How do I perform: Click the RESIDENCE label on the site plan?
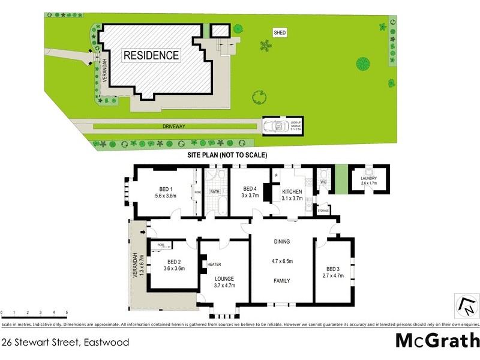[x=151, y=56]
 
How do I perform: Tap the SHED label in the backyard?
[x=280, y=32]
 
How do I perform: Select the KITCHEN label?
[x=292, y=192]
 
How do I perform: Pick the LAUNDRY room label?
[x=369, y=178]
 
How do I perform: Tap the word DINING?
[x=282, y=242]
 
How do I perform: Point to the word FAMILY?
[x=282, y=280]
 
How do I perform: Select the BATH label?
[x=215, y=192]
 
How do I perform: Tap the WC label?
[x=323, y=182]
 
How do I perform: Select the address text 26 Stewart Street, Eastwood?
[x=65, y=343]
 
